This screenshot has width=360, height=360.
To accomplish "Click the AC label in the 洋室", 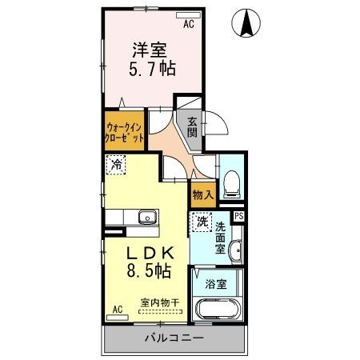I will pyautogui.click(x=189, y=25).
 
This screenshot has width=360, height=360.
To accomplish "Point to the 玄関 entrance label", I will pyautogui.click(x=193, y=127).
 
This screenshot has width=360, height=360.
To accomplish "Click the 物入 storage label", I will pyautogui.click(x=202, y=194).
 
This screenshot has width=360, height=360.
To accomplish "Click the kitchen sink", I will pyautogui.click(x=147, y=218).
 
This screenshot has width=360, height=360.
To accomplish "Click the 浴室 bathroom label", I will pyautogui.click(x=215, y=284).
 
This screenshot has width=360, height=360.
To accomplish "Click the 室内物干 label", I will pyautogui.click(x=160, y=302).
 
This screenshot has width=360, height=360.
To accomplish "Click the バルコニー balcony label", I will pyautogui.click(x=174, y=338).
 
